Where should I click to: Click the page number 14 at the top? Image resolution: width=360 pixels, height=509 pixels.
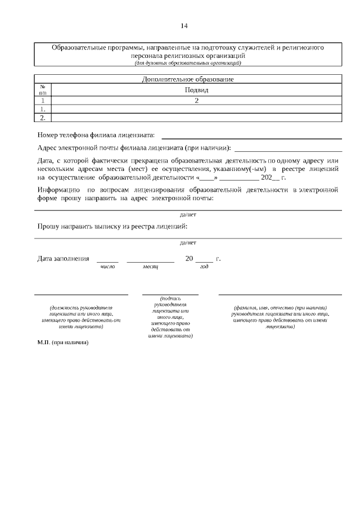[184, 26]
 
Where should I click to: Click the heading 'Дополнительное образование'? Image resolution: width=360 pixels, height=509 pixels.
[187, 79]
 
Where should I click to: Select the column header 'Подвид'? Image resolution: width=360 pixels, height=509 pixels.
[196, 90]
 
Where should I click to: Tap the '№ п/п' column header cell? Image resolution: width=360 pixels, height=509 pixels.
[43, 90]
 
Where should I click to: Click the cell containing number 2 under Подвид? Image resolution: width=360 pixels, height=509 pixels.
[196, 101]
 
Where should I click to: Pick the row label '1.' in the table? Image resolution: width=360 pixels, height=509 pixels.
[43, 109]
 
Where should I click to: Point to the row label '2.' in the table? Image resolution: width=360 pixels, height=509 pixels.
[43, 118]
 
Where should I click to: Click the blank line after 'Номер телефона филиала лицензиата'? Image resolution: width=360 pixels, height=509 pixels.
[251, 137]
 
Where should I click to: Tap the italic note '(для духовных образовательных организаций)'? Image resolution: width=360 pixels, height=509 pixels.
[187, 64]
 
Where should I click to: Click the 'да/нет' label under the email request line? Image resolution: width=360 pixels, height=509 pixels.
[188, 215]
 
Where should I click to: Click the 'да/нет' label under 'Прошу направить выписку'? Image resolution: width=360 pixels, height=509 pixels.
[188, 243]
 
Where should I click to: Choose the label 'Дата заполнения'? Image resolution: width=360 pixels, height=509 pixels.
[63, 259]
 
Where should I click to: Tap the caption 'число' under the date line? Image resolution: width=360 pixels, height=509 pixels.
[107, 267]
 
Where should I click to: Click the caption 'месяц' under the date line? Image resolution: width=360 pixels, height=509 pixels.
[150, 267]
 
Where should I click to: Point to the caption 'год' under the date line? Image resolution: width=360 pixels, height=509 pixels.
[204, 267]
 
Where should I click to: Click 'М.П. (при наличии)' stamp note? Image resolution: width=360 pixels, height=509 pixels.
[63, 342]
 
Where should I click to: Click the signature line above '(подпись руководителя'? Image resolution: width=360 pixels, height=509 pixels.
[170, 294]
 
